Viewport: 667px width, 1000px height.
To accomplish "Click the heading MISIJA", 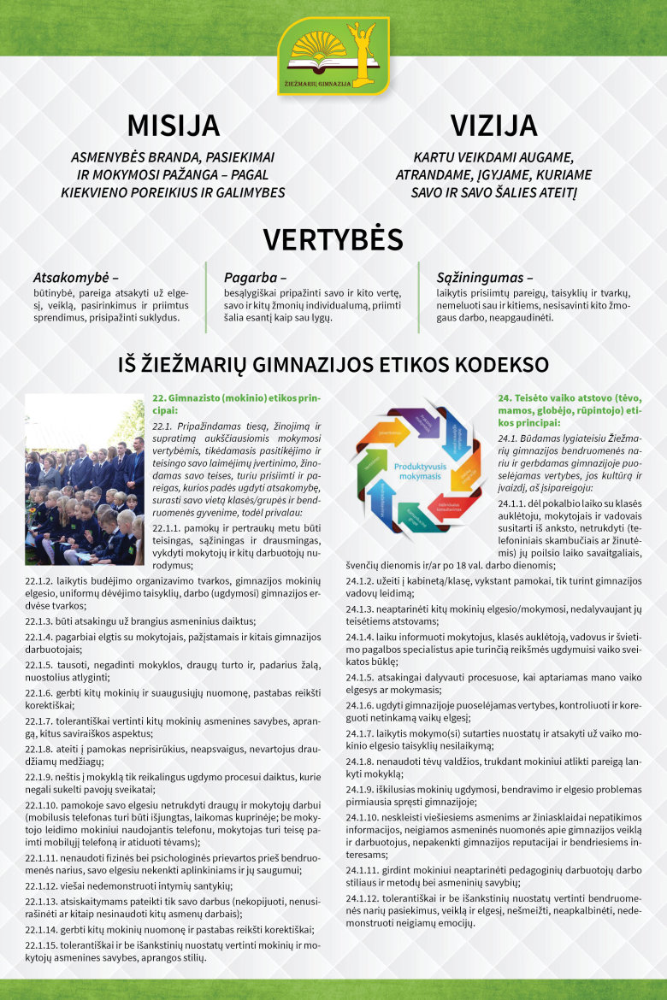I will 173,125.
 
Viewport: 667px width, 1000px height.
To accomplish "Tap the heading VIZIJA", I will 493,125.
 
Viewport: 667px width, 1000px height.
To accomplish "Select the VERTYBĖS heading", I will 333,239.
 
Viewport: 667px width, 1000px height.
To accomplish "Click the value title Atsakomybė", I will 74,277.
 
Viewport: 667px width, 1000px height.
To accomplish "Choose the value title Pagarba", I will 254,277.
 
